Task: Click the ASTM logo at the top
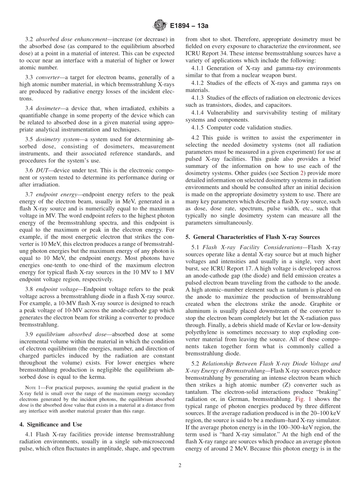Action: [x=160, y=26]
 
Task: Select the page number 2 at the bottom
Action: [x=180, y=466]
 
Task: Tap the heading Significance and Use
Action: [x=53, y=424]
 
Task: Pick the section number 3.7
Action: [x=29, y=194]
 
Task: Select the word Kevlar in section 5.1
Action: [x=275, y=325]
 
